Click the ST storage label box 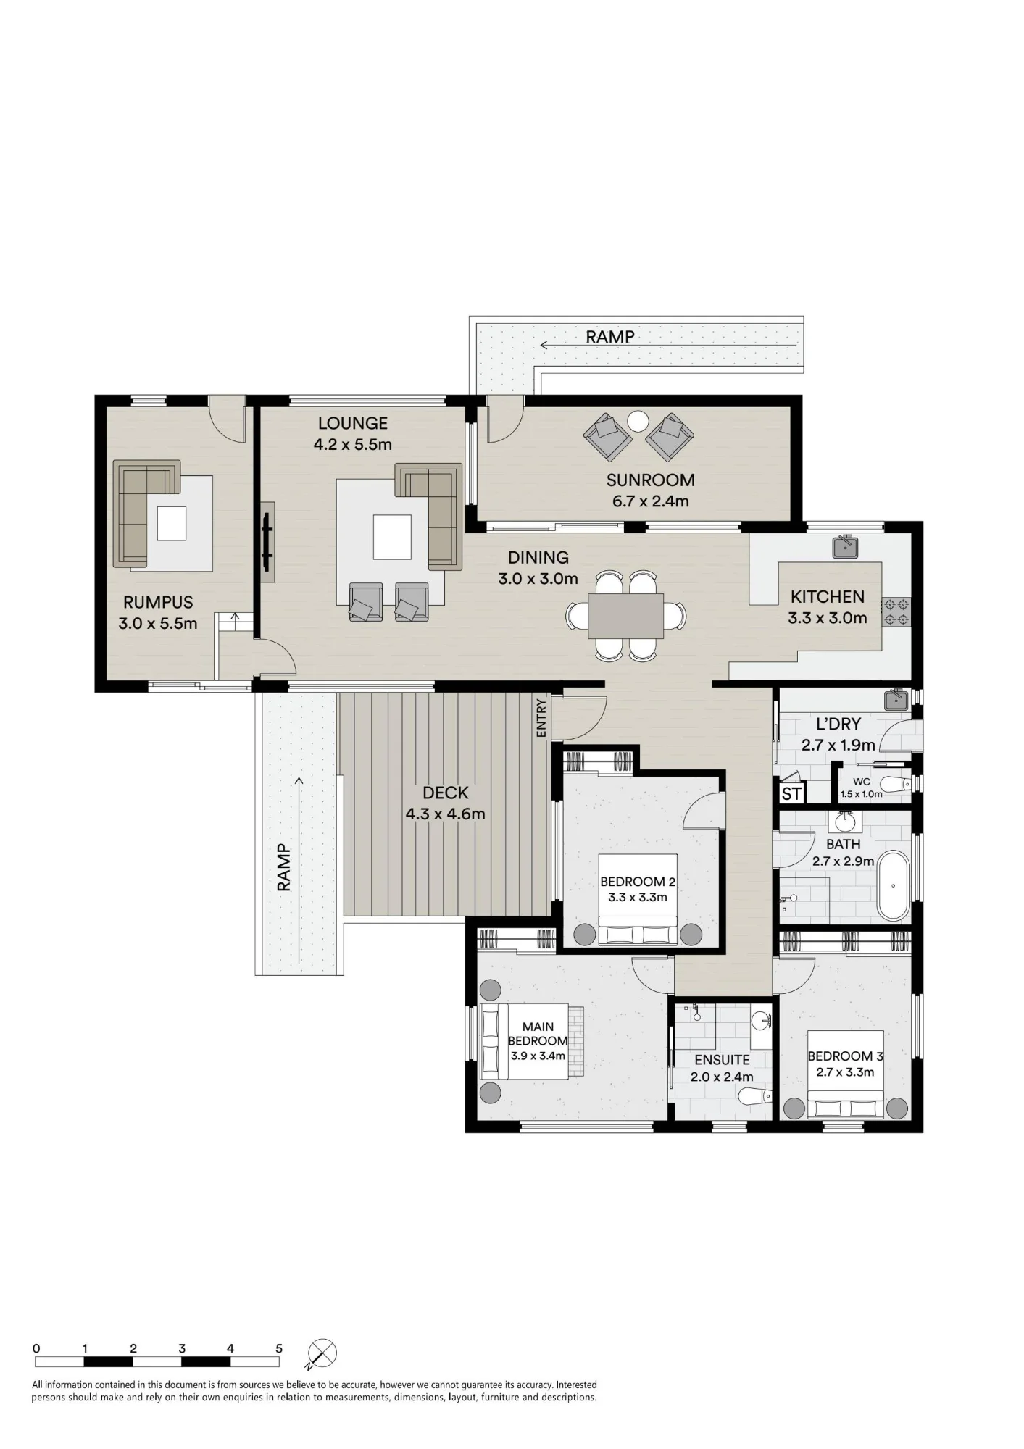[791, 793]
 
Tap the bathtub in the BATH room [893, 885]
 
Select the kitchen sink [845, 546]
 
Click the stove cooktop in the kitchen [896, 611]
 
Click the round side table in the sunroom [638, 421]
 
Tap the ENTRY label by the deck [541, 718]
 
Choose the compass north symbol [322, 1353]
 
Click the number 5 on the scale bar [279, 1348]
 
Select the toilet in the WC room [896, 784]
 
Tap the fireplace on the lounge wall [267, 542]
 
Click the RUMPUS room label [158, 602]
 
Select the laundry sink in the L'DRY [896, 700]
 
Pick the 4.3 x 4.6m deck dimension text [445, 814]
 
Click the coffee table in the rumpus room [172, 523]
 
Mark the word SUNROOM [651, 480]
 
